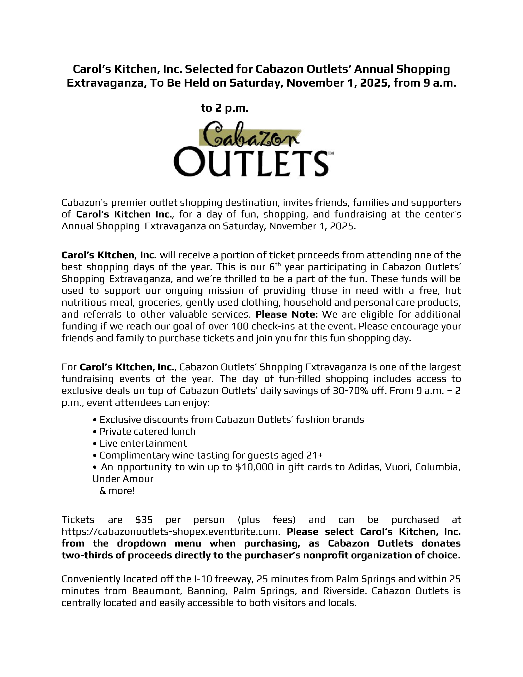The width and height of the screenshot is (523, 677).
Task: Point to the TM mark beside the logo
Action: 331,153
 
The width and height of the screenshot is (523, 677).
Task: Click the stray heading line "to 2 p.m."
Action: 225,108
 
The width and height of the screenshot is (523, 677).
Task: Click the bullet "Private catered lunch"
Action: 147,431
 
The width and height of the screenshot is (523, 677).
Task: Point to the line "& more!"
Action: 117,491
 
